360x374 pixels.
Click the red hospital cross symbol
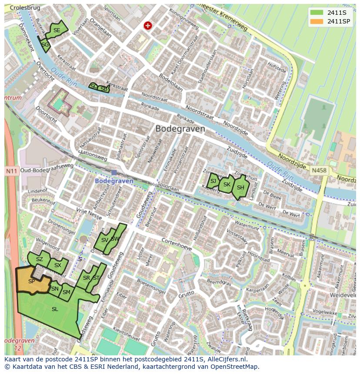[x=148, y=26]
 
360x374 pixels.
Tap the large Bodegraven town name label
[x=180, y=129]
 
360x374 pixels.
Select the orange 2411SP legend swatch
[x=317, y=21]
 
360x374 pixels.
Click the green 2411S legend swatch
[x=317, y=12]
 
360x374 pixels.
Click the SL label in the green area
[x=55, y=309]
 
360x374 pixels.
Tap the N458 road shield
[x=319, y=171]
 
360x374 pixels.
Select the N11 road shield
[x=11, y=171]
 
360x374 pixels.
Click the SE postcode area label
[x=57, y=30]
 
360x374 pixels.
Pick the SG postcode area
[x=45, y=44]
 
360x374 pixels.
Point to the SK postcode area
[x=227, y=185]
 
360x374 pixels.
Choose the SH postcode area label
[x=240, y=188]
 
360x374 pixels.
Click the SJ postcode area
[x=213, y=181]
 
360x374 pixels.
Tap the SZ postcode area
[x=40, y=259]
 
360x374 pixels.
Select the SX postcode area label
[x=58, y=265]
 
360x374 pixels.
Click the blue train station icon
[x=114, y=172]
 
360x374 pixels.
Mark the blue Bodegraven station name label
[x=114, y=181]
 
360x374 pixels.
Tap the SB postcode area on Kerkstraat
[x=103, y=89]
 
